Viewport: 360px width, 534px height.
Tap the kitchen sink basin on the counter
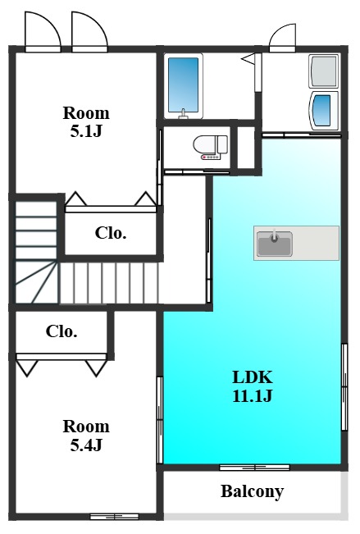(x=275, y=244)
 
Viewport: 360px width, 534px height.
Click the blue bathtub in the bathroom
(x=183, y=84)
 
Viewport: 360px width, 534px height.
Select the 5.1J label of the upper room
(x=86, y=131)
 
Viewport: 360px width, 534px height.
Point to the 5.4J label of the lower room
(x=86, y=445)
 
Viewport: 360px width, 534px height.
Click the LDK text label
(x=253, y=377)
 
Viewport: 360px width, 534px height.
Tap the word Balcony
(x=252, y=491)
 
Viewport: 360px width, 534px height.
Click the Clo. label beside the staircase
(x=111, y=233)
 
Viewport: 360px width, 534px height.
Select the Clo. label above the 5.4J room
(x=62, y=331)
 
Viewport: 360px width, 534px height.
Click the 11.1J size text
(x=253, y=395)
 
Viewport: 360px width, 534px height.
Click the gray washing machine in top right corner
(x=324, y=71)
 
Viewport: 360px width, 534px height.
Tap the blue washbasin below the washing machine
(x=324, y=111)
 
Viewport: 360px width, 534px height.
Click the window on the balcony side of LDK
(x=254, y=468)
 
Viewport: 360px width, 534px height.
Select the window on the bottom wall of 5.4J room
(x=115, y=517)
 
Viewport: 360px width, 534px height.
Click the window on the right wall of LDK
(x=344, y=386)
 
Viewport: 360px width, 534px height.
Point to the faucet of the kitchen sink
(x=274, y=235)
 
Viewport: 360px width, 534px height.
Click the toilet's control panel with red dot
(x=211, y=157)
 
